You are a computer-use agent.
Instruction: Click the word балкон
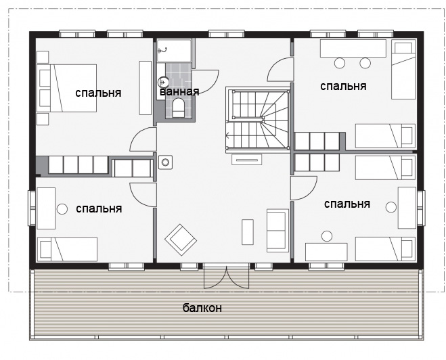click(202, 308)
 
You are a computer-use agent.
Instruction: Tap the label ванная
click(179, 91)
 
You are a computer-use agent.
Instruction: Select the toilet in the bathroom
click(179, 108)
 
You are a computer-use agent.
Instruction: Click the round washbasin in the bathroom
click(163, 82)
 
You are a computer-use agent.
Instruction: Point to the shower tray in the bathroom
click(174, 51)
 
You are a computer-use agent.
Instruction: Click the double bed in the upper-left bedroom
click(66, 88)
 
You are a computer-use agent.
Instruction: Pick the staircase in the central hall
click(258, 120)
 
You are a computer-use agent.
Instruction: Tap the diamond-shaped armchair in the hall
click(181, 240)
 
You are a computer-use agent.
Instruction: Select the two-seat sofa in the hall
click(277, 231)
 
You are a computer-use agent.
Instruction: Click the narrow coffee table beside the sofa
click(248, 231)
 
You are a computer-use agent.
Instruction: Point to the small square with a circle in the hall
click(165, 162)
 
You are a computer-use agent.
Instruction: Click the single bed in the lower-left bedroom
click(68, 249)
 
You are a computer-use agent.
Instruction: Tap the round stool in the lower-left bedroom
click(62, 209)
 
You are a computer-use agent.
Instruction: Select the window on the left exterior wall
click(31, 208)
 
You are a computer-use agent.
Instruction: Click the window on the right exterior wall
click(421, 208)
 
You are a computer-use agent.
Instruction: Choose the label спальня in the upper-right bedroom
click(343, 86)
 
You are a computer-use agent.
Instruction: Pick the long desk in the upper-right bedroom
click(353, 48)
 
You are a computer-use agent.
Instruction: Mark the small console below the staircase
click(246, 160)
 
